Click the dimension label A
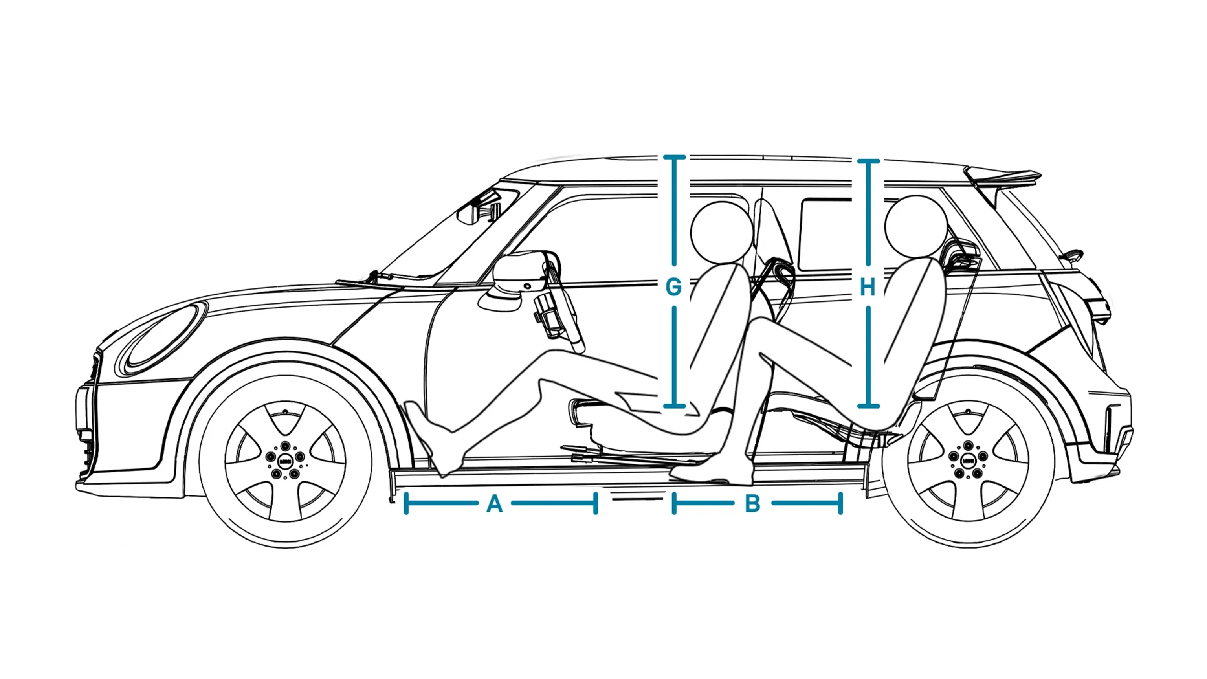point(495,504)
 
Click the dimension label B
point(752,504)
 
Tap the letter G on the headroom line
point(673,287)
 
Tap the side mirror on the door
point(518,277)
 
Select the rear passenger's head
point(915,226)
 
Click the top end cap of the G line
point(674,158)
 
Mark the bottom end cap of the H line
point(868,406)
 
